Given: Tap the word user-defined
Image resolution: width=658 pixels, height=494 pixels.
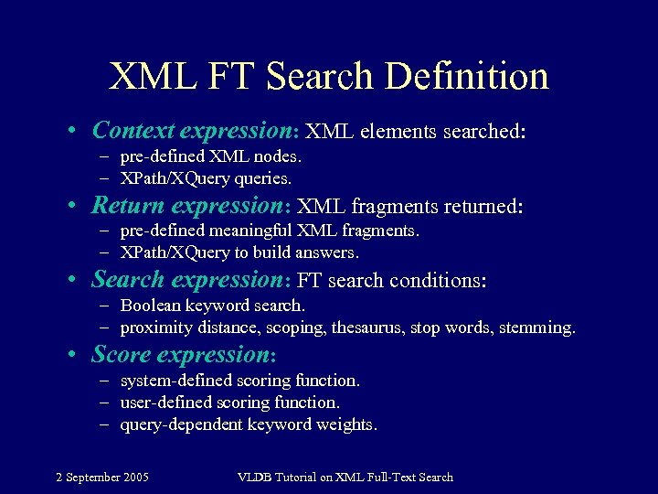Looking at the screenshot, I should click(164, 402).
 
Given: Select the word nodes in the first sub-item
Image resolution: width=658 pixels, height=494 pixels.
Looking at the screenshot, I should click(279, 156).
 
